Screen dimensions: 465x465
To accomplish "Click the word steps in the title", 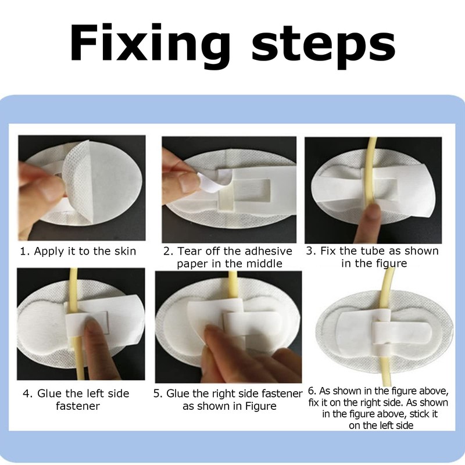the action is [x=323, y=46].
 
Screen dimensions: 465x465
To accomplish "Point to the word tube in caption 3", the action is [x=374, y=251].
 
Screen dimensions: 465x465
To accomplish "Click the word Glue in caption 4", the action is [x=49, y=394].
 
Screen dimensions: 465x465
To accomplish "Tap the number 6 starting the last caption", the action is [x=312, y=391].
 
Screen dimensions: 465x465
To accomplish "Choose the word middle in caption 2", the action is [x=266, y=264].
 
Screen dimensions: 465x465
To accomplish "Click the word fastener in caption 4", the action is [x=78, y=406].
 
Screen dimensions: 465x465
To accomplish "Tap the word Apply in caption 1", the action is [x=49, y=252].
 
